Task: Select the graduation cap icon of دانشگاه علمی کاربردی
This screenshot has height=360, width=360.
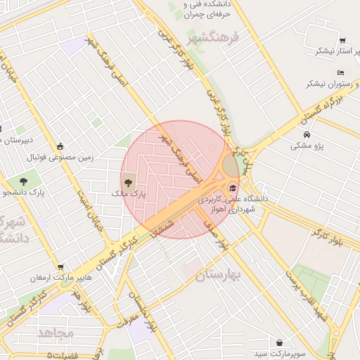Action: tap(233, 188)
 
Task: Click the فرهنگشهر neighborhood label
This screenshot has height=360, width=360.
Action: tap(215, 36)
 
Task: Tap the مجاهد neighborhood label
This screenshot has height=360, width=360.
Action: tap(56, 333)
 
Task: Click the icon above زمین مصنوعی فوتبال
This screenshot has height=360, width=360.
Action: tap(60, 146)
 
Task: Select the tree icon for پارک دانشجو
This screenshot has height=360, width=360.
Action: tap(23, 181)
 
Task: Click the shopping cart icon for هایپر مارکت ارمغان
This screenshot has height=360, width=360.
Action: tap(60, 267)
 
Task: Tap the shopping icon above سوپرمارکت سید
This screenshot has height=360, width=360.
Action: tap(280, 342)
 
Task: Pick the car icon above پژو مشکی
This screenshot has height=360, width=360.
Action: tap(307, 134)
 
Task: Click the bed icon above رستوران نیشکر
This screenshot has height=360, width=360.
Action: tap(340, 72)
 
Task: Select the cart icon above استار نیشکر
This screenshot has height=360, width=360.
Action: tap(342, 41)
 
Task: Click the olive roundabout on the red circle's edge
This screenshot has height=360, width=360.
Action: tap(231, 166)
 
